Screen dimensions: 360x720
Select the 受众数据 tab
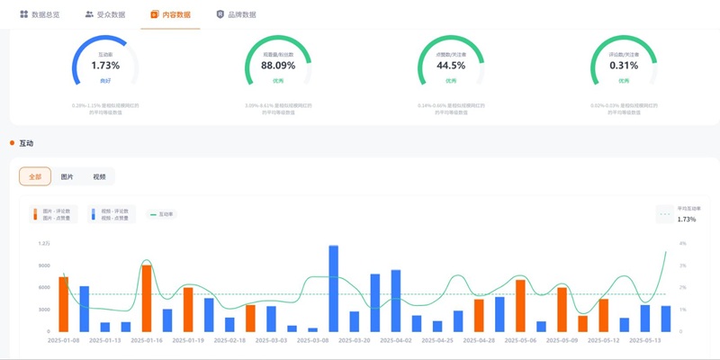coord(105,14)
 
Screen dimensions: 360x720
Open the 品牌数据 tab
coord(237,14)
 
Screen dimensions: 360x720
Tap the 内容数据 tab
coord(171,14)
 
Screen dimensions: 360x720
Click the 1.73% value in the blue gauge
coord(105,66)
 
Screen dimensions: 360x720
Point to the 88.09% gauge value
coord(278,66)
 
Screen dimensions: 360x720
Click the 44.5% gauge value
coord(451,66)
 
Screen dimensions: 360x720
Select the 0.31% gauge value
coord(624,66)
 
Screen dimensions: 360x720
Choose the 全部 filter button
coord(35,177)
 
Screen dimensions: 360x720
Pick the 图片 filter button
coord(67,177)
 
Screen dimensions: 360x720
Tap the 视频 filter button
coord(99,177)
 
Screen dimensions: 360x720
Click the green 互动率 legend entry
coord(162,214)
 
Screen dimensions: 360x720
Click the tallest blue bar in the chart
coord(333,288)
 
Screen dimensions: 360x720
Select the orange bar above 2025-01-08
coord(63,304)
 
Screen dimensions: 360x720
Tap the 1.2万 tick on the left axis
coord(44,244)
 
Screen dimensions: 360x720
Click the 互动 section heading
coord(26,143)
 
